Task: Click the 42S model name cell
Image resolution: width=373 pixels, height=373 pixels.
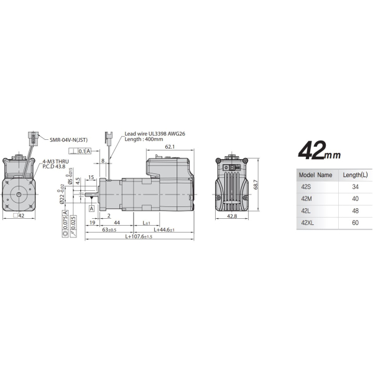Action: [x=307, y=186]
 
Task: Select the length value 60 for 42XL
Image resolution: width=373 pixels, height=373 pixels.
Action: [x=354, y=222]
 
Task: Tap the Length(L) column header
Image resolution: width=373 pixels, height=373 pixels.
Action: [x=354, y=175]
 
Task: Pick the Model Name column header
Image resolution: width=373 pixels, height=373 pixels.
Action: [x=316, y=175]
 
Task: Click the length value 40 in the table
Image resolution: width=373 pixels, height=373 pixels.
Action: [x=354, y=198]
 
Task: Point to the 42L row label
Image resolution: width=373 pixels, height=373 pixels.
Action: [x=306, y=210]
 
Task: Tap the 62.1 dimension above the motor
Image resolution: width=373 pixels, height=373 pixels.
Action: [x=169, y=147]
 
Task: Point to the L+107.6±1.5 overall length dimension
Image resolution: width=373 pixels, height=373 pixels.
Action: [x=147, y=236]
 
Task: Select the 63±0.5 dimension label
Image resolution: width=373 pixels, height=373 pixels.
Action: [x=109, y=229]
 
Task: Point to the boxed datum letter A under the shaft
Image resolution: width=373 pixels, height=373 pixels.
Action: [x=91, y=208]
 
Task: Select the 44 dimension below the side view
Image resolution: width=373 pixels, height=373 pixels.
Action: [x=116, y=222]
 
